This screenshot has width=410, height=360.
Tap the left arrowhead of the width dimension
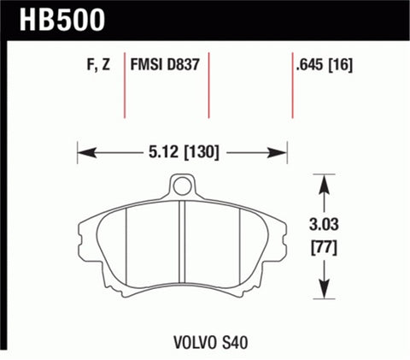84,154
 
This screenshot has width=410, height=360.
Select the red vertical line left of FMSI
126,86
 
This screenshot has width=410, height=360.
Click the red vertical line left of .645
290,86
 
